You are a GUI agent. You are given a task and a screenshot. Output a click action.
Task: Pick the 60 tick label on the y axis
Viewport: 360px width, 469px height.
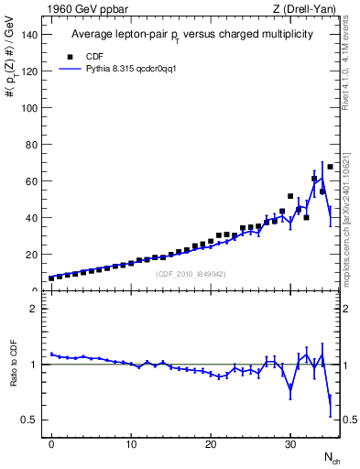33,181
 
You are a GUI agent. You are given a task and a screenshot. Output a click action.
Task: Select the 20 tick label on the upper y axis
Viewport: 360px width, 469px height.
33,255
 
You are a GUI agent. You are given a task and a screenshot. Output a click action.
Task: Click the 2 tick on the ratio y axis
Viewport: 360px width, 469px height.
36,309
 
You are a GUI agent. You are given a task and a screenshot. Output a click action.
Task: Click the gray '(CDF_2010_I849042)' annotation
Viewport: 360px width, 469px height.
191,274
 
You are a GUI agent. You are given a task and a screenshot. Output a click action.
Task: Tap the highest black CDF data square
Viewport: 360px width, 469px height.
331,167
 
